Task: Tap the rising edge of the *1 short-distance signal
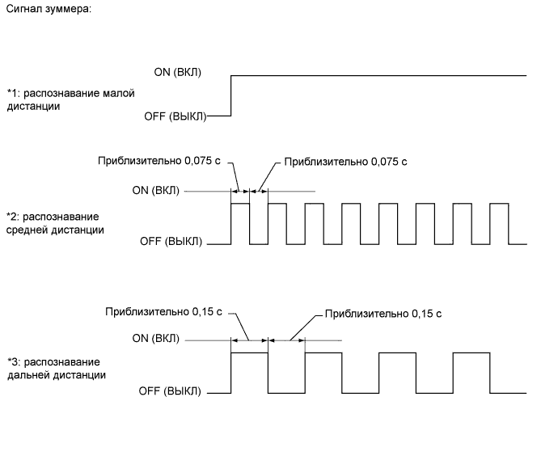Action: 231,95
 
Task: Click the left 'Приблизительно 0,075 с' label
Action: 159,161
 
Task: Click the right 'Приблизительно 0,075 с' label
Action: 345,162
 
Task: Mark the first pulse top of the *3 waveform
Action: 249,353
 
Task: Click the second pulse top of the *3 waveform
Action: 323,353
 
